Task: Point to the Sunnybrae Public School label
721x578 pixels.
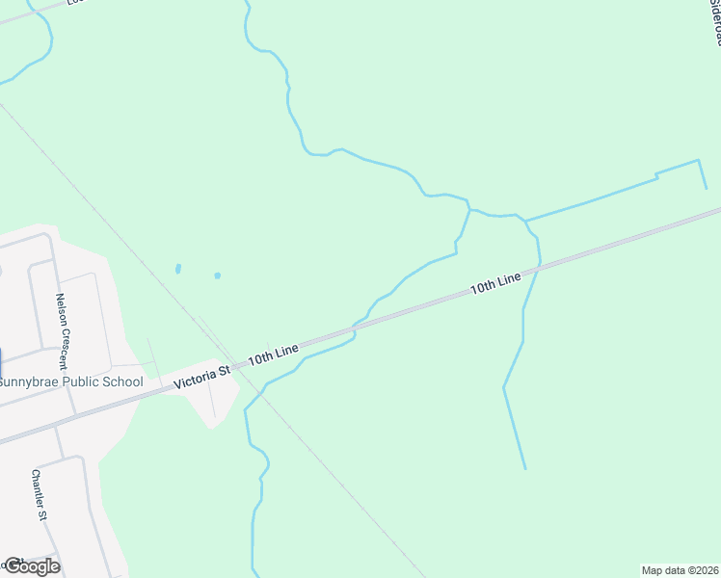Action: (69, 381)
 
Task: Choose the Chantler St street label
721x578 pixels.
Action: (40, 495)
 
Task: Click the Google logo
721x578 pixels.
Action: (31, 566)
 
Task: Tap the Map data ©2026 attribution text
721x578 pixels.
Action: (681, 569)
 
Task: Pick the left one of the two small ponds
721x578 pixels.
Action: (178, 268)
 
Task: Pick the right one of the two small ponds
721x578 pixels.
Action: (217, 276)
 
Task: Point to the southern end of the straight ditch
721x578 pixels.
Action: (525, 469)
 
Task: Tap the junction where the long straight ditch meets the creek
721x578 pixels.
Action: (525, 221)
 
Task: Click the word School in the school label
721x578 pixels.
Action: (120, 381)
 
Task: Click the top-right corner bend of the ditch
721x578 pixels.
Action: (698, 161)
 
